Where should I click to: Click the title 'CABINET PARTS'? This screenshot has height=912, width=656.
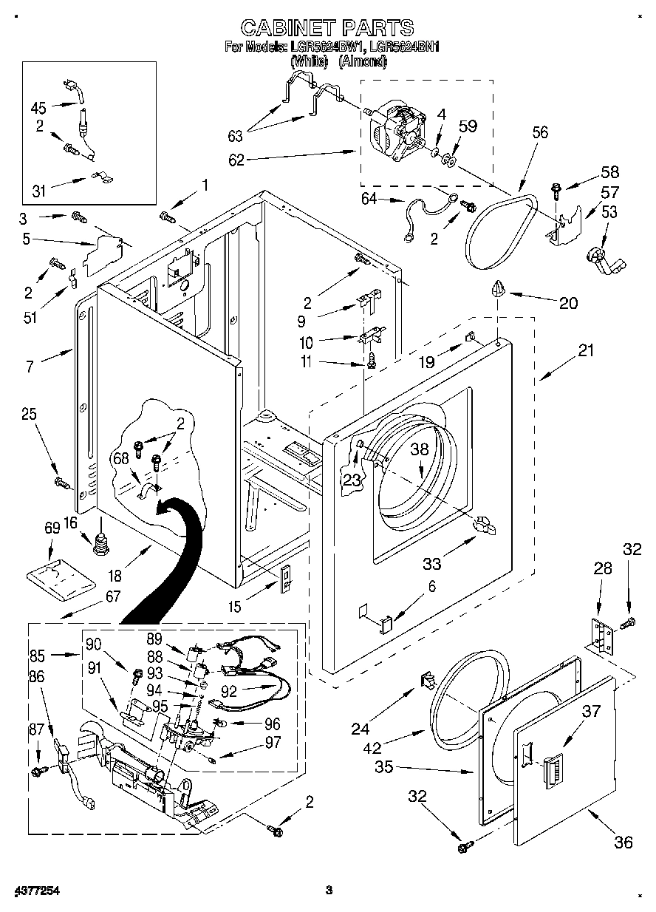coord(327,27)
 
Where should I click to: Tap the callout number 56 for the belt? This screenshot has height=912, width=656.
coord(540,133)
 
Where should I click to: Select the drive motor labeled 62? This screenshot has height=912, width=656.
coord(397,132)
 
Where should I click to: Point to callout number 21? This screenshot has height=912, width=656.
coord(585,352)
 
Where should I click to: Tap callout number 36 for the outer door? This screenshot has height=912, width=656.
coord(623,842)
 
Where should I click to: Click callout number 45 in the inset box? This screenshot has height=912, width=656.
coord(38,106)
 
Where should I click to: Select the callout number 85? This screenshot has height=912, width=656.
coord(38,654)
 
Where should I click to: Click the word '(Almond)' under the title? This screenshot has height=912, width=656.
coord(362,61)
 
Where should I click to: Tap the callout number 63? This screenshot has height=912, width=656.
coord(234,135)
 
